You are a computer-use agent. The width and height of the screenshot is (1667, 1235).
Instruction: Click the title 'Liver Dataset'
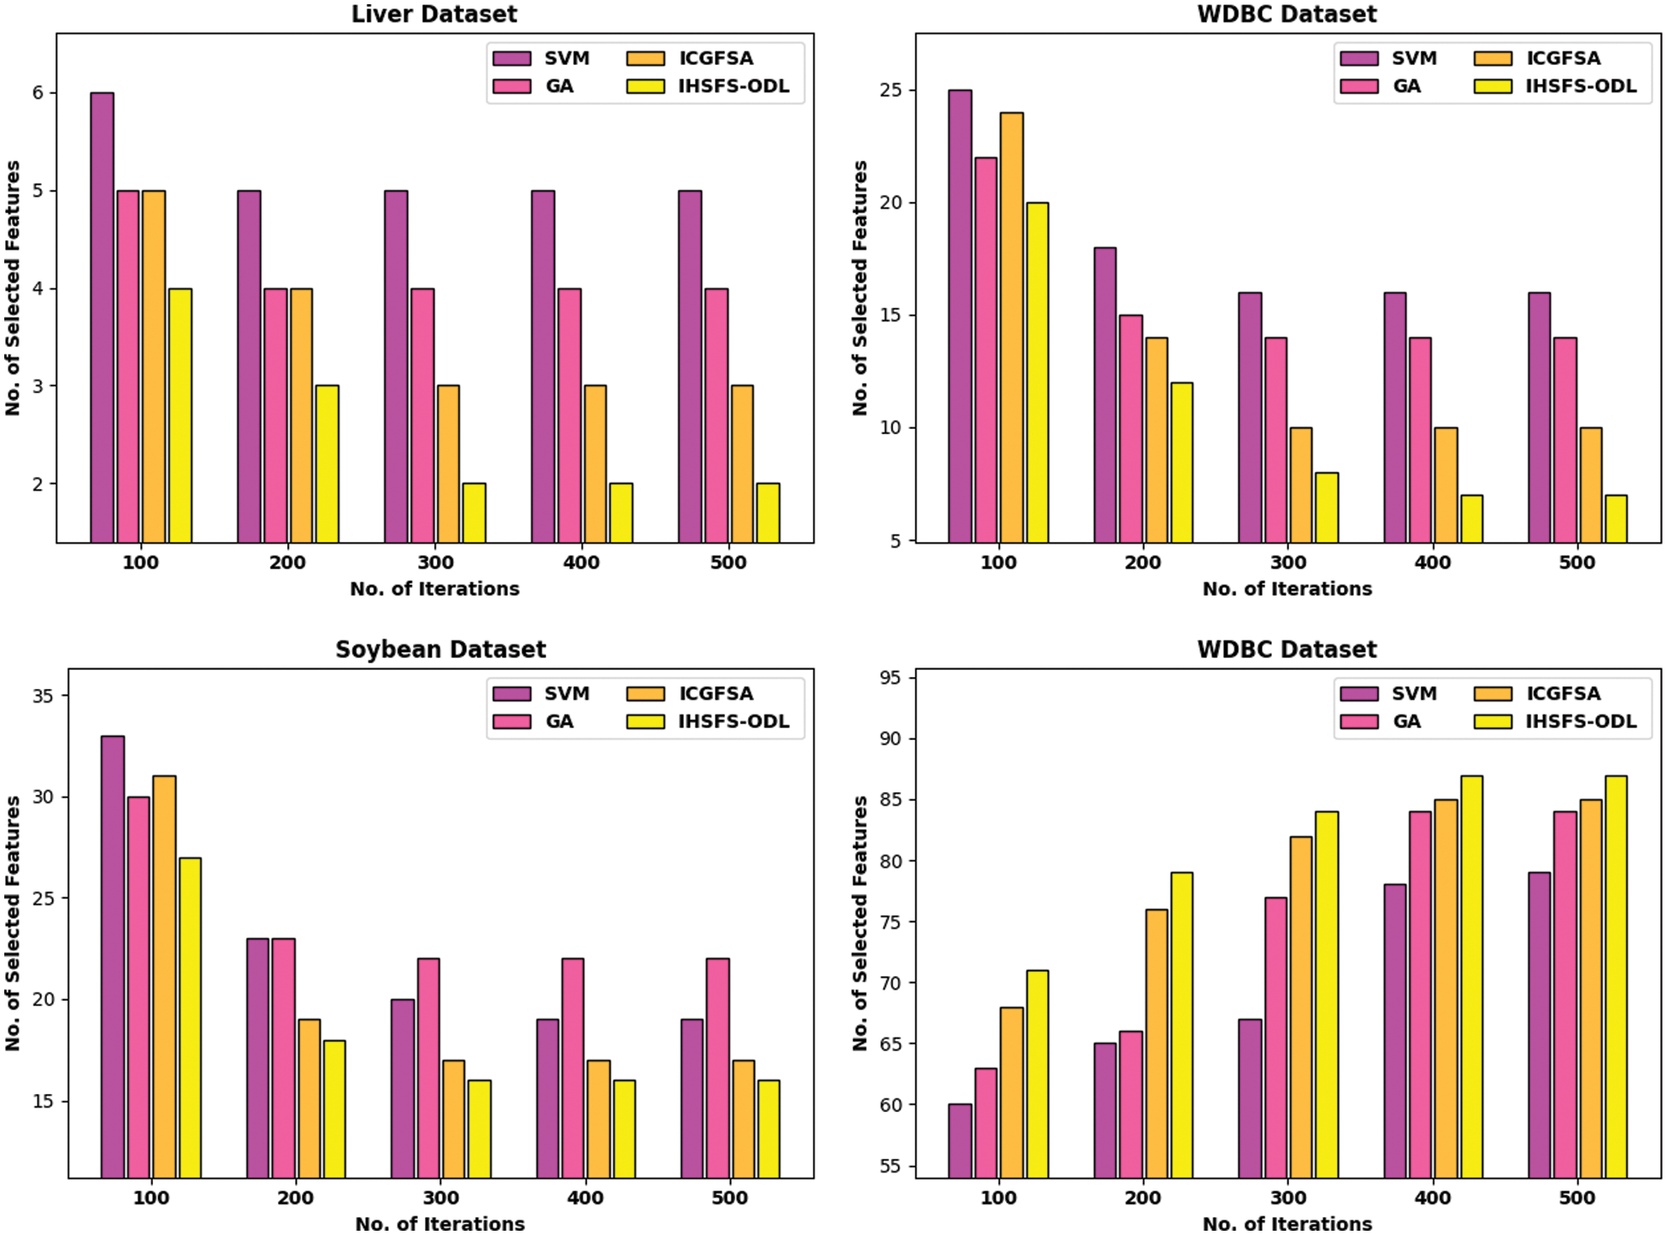click(x=434, y=15)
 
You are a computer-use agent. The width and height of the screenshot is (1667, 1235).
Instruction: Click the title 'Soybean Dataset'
click(x=440, y=650)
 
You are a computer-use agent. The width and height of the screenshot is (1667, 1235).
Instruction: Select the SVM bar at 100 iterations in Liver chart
click(x=103, y=317)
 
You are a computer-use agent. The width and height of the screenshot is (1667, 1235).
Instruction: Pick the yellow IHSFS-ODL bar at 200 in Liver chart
click(x=327, y=464)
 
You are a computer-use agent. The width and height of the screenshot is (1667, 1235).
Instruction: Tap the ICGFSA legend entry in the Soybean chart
click(x=715, y=694)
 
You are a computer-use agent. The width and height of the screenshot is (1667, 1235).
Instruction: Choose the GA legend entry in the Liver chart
click(x=559, y=86)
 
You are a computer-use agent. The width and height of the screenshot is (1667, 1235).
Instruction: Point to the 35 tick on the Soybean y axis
click(x=43, y=697)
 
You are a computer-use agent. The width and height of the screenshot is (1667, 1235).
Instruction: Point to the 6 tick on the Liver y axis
click(x=38, y=93)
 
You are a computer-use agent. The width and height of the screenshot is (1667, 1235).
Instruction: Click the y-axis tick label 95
click(x=890, y=678)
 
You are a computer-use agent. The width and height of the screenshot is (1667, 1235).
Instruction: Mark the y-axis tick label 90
click(x=890, y=739)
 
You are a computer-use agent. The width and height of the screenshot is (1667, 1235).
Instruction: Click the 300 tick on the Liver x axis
click(x=435, y=563)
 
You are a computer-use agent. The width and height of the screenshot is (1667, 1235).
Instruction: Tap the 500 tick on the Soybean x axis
click(x=729, y=1198)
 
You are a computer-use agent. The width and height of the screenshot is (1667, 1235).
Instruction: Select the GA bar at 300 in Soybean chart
click(x=428, y=1068)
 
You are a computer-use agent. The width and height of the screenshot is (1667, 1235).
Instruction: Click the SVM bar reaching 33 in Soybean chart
click(x=113, y=957)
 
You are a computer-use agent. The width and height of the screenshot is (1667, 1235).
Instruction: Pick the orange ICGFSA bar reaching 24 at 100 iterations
click(x=1011, y=327)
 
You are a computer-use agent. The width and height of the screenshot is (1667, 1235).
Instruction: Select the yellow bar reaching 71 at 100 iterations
click(x=1037, y=1074)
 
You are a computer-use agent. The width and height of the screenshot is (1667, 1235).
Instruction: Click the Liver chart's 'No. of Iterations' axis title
click(x=434, y=589)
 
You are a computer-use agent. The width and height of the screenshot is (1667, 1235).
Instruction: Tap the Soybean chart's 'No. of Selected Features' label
click(x=13, y=923)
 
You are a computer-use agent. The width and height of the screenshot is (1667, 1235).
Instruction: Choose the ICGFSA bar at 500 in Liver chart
click(x=742, y=464)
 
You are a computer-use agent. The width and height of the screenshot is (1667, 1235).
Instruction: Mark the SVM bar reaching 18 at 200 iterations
click(x=1104, y=395)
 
